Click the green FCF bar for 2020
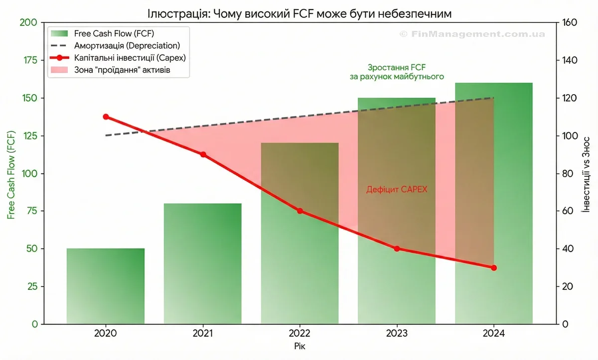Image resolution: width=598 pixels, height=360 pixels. (x=106, y=286)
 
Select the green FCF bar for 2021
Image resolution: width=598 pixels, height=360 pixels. (x=202, y=264)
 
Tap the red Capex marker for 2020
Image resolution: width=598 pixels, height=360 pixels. (x=106, y=117)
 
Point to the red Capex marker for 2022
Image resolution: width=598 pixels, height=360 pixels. (x=300, y=211)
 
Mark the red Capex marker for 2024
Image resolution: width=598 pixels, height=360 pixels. (x=494, y=268)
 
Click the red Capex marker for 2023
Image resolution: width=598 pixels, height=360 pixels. (x=397, y=248)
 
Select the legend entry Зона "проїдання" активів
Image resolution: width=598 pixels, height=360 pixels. (x=122, y=70)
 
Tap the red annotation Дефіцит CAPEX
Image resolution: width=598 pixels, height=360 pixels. (x=397, y=190)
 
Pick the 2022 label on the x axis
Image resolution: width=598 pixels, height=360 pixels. (x=299, y=333)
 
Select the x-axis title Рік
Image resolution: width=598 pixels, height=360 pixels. (x=299, y=345)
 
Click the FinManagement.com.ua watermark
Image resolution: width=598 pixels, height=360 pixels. (x=472, y=34)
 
